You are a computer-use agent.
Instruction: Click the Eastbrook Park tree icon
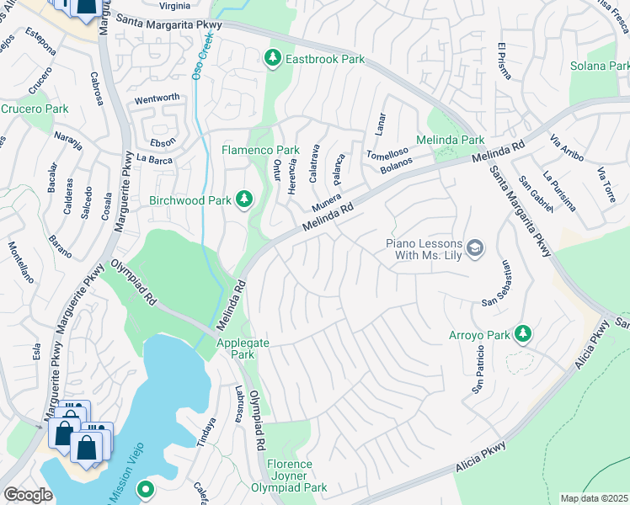272,58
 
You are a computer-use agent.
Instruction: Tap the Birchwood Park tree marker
244,199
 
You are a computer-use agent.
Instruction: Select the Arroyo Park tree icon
522,334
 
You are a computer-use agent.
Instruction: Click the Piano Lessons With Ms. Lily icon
475,247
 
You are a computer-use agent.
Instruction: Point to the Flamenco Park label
260,150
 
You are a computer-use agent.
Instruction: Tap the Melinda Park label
451,140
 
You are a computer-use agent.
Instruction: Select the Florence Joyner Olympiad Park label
290,476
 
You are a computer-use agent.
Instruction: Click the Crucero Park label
34,109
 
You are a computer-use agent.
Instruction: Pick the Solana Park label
599,66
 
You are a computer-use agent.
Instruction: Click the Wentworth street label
157,98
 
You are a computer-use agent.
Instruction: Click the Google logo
28,494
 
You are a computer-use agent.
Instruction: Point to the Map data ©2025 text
594,498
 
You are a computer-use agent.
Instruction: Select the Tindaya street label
206,433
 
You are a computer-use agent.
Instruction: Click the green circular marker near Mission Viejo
145,487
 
